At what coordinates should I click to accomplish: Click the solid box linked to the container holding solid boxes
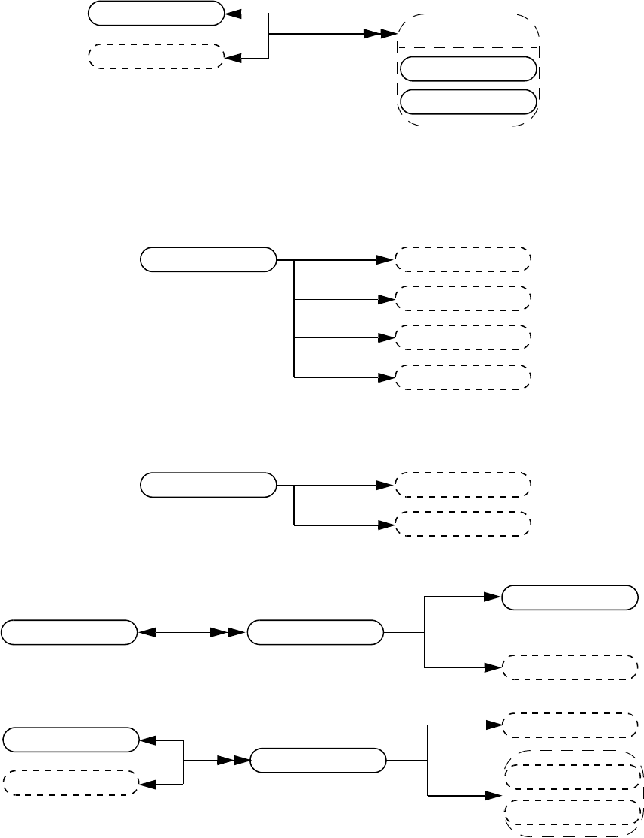tap(156, 13)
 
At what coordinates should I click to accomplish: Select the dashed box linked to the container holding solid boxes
tap(156, 56)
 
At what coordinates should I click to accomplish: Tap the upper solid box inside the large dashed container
tap(468, 68)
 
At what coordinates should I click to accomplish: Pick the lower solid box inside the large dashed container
tap(468, 101)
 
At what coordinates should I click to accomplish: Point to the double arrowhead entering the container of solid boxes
tap(379, 35)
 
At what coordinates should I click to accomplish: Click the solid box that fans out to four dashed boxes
tap(207, 259)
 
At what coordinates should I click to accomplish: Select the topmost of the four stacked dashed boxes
tap(463, 259)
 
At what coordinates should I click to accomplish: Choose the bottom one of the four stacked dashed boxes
tap(463, 377)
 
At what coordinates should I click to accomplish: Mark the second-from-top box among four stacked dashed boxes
tap(463, 298)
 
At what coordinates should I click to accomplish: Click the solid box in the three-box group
tap(207, 485)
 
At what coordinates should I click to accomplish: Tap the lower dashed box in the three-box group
tap(463, 524)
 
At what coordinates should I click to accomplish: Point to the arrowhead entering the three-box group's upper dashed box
tap(385, 485)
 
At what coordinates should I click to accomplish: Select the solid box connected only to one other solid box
tap(69, 632)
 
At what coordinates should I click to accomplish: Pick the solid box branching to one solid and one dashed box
tap(315, 632)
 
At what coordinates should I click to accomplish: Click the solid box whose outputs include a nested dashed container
tap(317, 760)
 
